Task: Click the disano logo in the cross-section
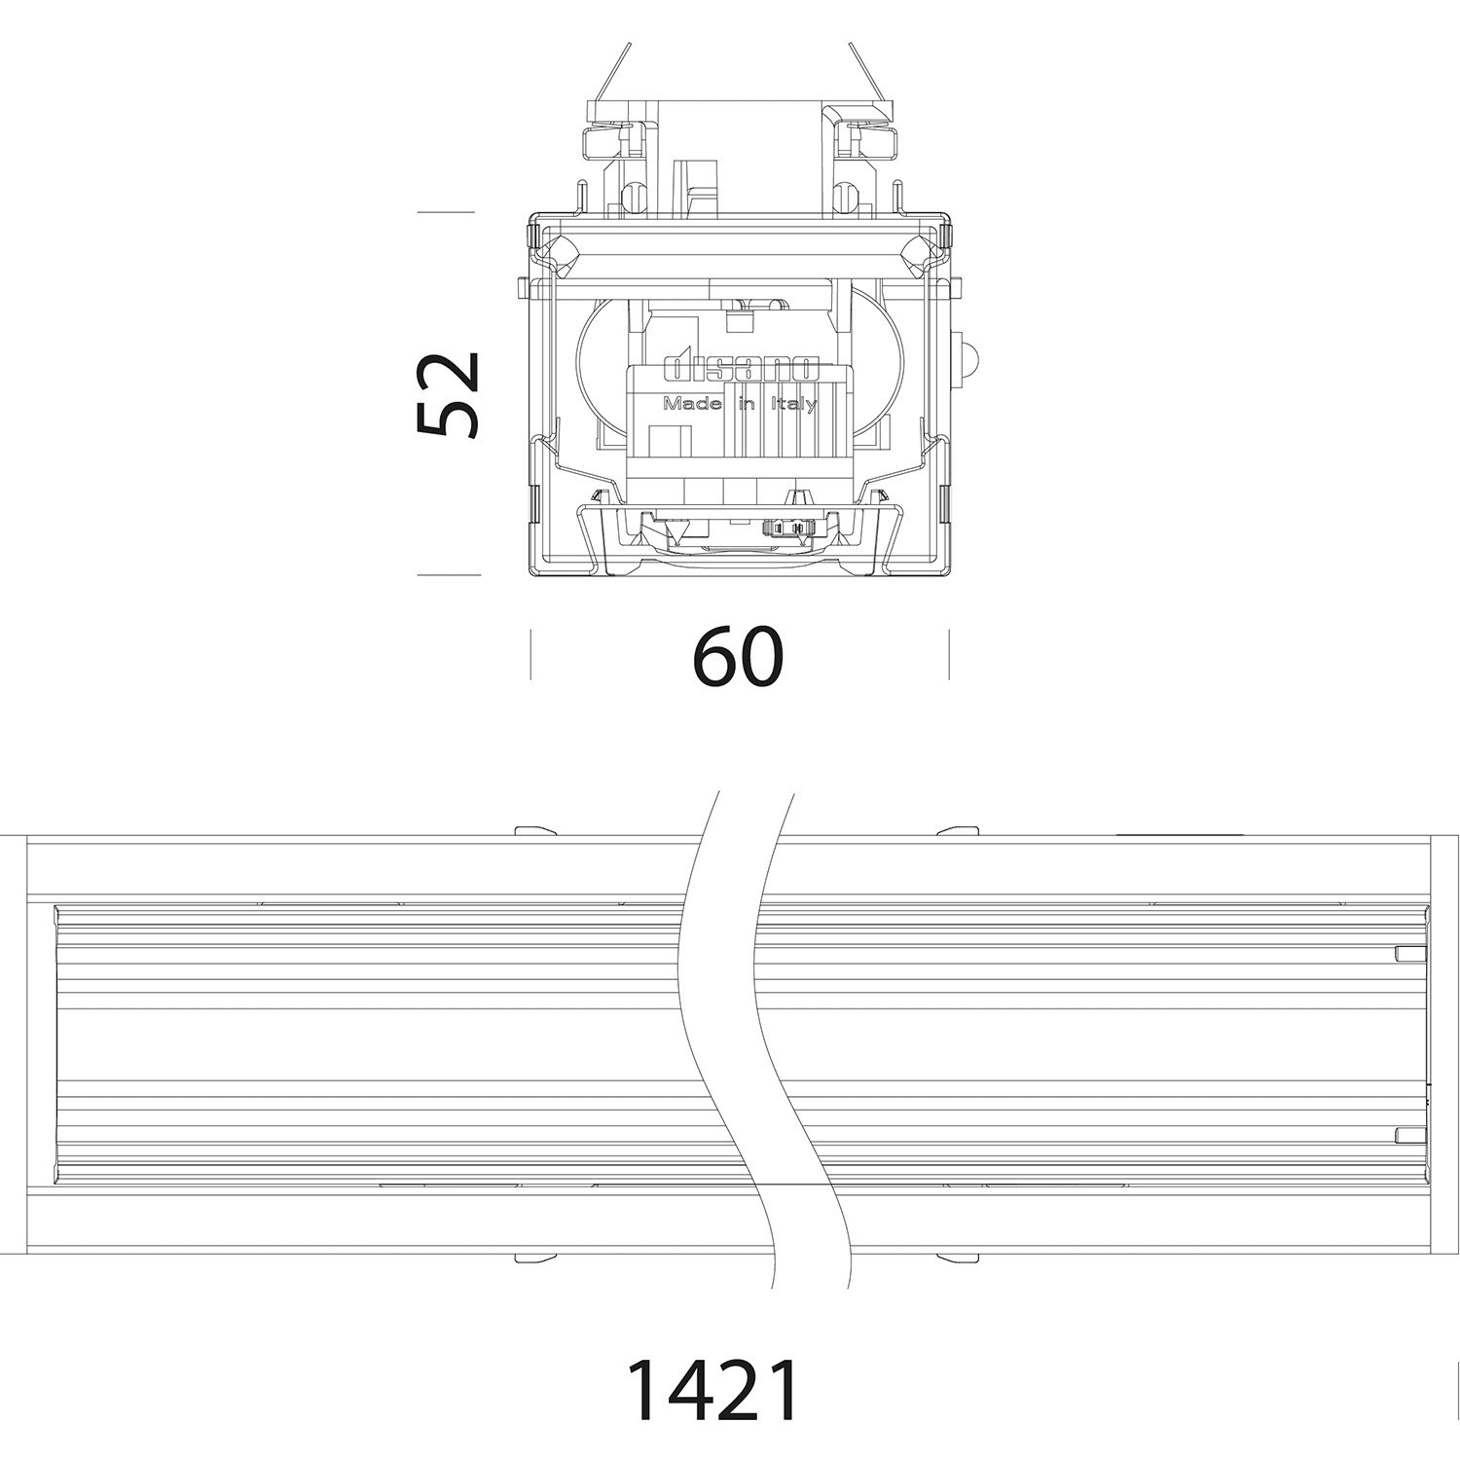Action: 742,368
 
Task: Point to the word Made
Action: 691,404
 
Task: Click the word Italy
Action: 794,405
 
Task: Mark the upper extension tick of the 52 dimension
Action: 446,211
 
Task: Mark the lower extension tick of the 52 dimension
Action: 449,574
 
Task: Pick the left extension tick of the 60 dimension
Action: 530,654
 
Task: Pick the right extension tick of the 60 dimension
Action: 949,654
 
